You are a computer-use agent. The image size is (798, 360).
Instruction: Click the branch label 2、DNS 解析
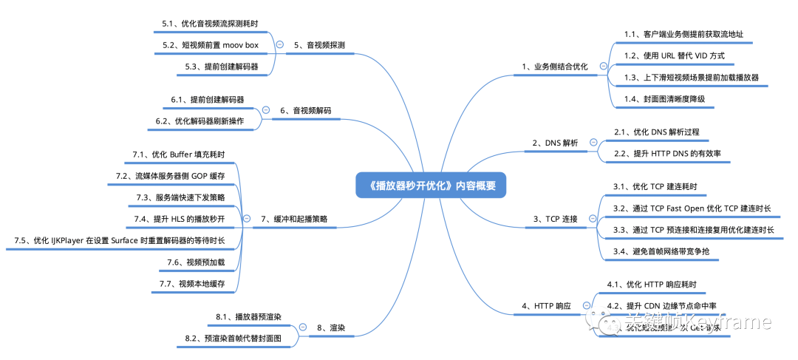coord(555,142)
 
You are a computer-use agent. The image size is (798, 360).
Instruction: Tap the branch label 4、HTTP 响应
coord(547,305)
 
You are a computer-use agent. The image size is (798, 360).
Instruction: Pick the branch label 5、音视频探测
coord(319,45)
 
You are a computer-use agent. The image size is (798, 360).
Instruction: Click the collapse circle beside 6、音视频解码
coord(266,110)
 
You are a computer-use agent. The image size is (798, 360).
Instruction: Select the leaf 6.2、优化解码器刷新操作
coord(209,120)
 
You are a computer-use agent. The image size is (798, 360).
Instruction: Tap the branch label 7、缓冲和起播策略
coord(294,219)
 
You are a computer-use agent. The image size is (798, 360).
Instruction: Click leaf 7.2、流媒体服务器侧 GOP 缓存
coord(171,176)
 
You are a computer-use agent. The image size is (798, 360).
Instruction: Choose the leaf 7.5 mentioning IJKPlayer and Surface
coord(120,241)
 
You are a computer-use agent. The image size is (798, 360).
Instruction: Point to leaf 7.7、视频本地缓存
coord(191,284)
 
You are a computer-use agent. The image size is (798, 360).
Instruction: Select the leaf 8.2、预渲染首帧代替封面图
coord(233,338)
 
